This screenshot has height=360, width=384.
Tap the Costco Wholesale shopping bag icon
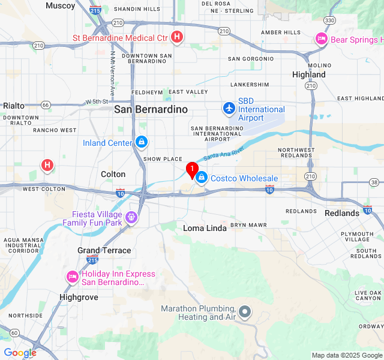[202, 178]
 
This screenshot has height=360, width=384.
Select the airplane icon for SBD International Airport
[229, 109]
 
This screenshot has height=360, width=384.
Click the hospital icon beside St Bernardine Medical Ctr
[176, 38]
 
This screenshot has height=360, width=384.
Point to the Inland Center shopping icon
[141, 142]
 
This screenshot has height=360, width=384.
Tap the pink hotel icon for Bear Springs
[321, 39]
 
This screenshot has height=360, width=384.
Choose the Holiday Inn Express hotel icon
[72, 277]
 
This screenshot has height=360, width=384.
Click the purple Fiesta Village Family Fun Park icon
[131, 218]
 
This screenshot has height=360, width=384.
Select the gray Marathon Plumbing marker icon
[245, 312]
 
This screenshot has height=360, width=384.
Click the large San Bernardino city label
[151, 109]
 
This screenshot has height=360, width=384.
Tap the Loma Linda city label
[205, 228]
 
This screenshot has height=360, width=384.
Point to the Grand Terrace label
[104, 250]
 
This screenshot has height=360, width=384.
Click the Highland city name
[308, 74]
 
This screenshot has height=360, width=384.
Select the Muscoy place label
[61, 5]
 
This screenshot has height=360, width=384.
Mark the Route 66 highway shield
[46, 104]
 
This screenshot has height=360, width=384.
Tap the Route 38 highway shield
[373, 182]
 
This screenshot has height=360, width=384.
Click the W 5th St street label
[97, 102]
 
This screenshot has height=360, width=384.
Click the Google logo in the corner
[20, 353]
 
